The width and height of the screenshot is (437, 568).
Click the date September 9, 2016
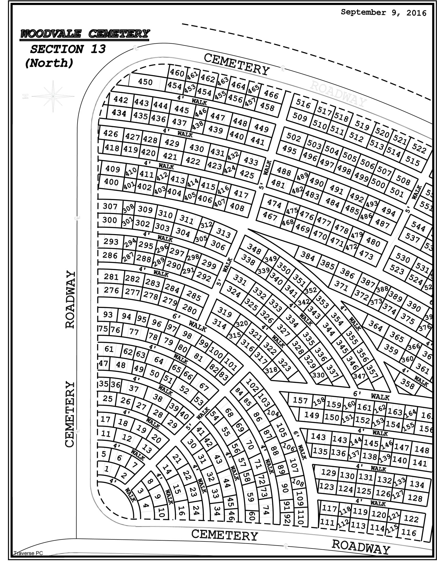pyautogui.click(x=383, y=13)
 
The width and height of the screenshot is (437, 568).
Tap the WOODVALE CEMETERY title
pyautogui.click(x=85, y=34)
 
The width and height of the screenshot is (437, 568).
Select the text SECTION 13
pyautogui.click(x=68, y=49)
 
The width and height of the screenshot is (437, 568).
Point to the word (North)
pyautogui.click(x=49, y=63)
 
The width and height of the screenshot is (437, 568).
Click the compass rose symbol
pyautogui.click(x=53, y=96)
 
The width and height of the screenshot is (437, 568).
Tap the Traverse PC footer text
pyautogui.click(x=28, y=553)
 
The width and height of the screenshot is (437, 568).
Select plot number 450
pyautogui.click(x=145, y=82)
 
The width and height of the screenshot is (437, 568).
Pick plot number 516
pyautogui.click(x=303, y=103)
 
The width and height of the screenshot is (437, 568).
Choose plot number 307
pyautogui.click(x=110, y=206)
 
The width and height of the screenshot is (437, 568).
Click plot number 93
pyautogui.click(x=108, y=315)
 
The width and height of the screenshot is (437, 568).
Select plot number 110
pyautogui.click(x=301, y=516)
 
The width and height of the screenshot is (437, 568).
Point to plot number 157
pyautogui.click(x=300, y=401)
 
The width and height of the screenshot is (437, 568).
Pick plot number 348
pyautogui.click(x=254, y=248)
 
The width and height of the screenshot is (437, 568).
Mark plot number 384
pyautogui.click(x=308, y=257)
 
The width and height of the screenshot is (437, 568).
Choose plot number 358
pyautogui.click(x=407, y=384)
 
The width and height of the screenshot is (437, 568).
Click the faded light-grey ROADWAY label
pyautogui.click(x=338, y=93)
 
